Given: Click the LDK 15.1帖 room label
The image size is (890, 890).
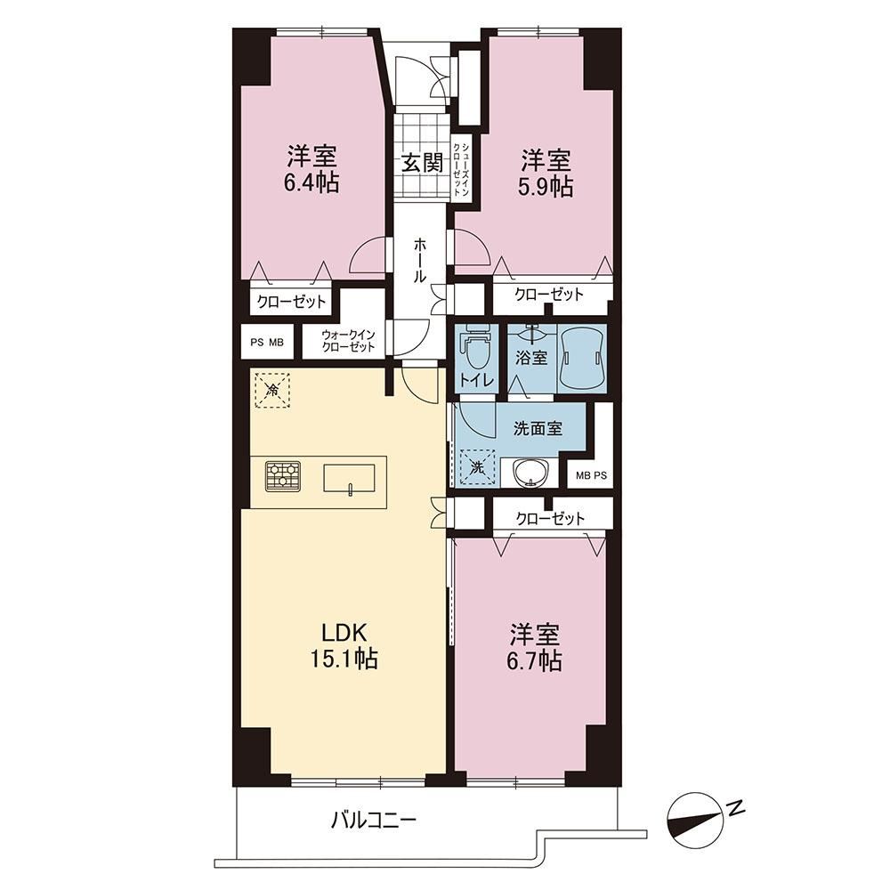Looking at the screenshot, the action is [344, 646].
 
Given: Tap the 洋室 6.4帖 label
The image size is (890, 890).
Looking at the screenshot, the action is [311, 169].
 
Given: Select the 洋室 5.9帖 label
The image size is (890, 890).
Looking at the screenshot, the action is [546, 174].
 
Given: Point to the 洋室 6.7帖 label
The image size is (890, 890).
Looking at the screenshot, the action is [535, 648].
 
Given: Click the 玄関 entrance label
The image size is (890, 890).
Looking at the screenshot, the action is [422, 164].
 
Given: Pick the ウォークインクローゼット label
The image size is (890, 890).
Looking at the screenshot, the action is [348, 341].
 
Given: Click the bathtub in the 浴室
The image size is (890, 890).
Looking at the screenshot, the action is [582, 358].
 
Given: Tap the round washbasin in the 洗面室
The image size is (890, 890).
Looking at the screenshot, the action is [530, 473].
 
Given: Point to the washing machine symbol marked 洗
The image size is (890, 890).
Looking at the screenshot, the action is [478, 468].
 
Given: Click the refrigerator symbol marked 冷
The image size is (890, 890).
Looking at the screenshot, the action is [272, 390].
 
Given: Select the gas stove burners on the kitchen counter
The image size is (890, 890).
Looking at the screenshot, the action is [283, 475].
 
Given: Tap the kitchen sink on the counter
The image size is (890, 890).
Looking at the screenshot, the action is [349, 478].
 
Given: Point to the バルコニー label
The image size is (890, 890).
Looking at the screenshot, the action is [374, 820].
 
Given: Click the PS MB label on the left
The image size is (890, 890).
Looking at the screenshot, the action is [267, 343].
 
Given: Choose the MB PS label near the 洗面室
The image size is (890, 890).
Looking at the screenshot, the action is [591, 475].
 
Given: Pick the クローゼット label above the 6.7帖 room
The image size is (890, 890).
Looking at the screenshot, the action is [550, 518].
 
